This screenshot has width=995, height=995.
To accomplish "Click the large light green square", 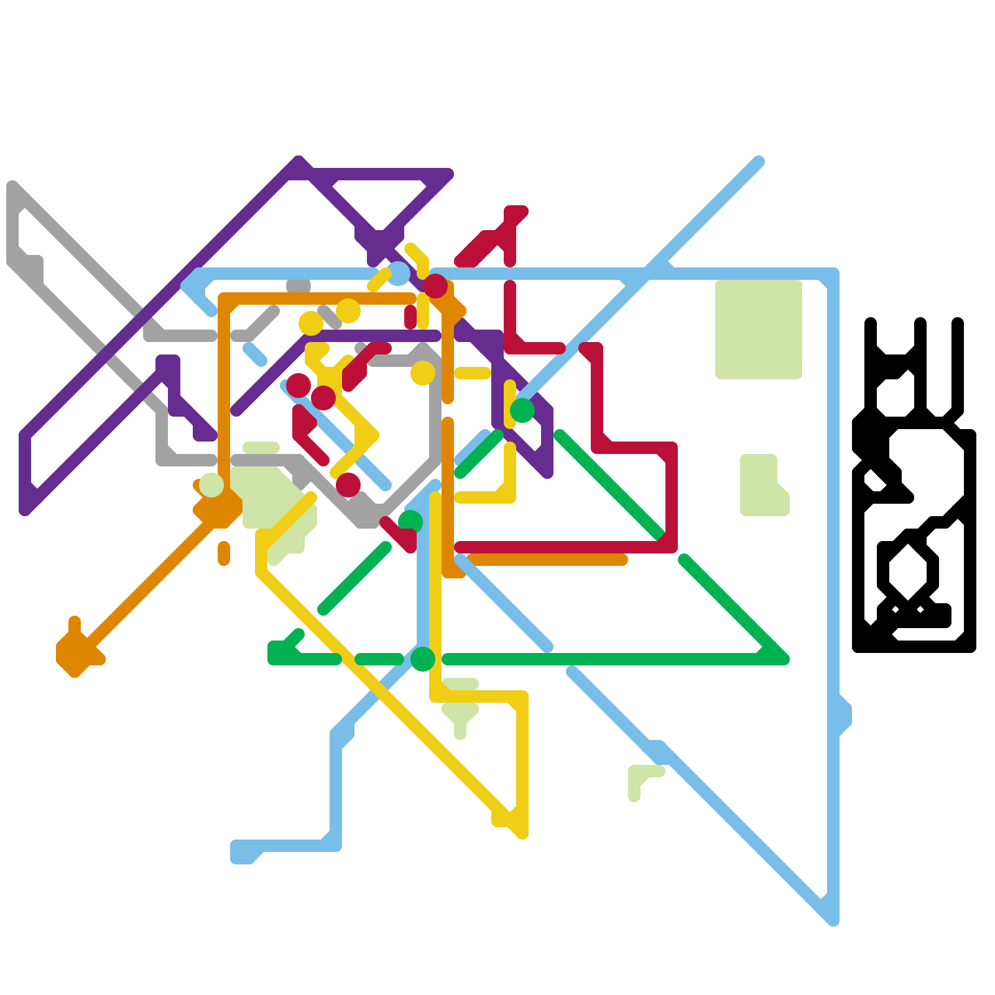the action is click(x=758, y=329).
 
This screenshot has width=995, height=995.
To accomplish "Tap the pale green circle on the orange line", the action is click(x=211, y=485).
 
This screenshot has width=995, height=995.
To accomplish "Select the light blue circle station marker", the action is click(x=398, y=274).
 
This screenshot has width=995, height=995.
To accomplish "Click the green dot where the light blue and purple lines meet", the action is click(x=522, y=410).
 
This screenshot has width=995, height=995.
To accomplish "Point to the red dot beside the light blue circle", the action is click(x=435, y=286).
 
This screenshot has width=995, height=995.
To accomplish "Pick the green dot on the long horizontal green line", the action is click(x=423, y=659).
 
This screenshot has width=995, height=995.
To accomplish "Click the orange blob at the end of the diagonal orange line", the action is click(x=75, y=653).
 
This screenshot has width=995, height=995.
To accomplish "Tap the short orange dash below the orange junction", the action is click(x=224, y=553).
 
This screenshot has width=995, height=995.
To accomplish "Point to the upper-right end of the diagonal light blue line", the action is click(x=759, y=162).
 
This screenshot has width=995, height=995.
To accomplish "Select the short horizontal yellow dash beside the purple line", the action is click(x=473, y=373).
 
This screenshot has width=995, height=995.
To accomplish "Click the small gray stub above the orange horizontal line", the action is click(x=298, y=286).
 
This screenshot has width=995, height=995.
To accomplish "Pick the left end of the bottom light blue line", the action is click(x=239, y=852).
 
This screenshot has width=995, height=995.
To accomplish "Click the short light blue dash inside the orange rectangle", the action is click(x=255, y=353).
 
